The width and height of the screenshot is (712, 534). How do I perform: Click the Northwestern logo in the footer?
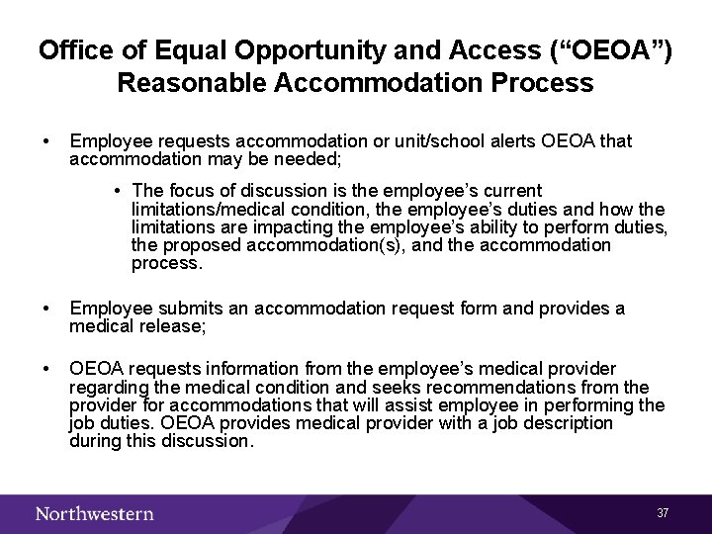pos(95,513)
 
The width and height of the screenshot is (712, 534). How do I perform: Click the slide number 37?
pos(663,513)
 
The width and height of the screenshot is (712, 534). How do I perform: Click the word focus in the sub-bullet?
pos(188,190)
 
